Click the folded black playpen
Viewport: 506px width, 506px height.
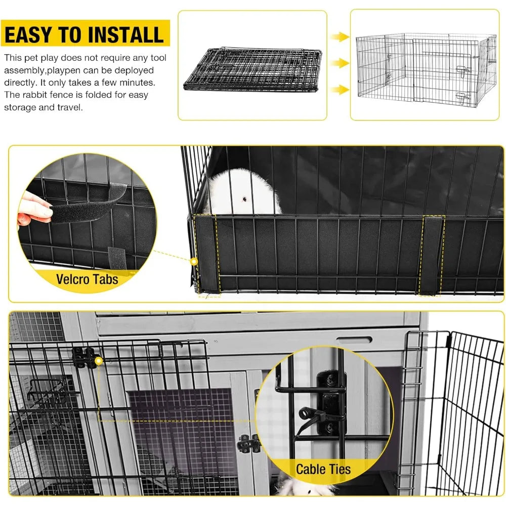click(x=252, y=69)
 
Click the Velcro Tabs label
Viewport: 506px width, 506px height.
click(x=87, y=279)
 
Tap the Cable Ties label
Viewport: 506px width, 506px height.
click(x=323, y=469)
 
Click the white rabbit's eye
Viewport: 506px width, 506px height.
click(x=244, y=198)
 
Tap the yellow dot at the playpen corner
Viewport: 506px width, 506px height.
click(x=193, y=262)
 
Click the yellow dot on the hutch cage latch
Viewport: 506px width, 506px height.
click(x=99, y=360)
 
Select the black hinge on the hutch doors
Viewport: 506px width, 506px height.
click(x=248, y=443)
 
